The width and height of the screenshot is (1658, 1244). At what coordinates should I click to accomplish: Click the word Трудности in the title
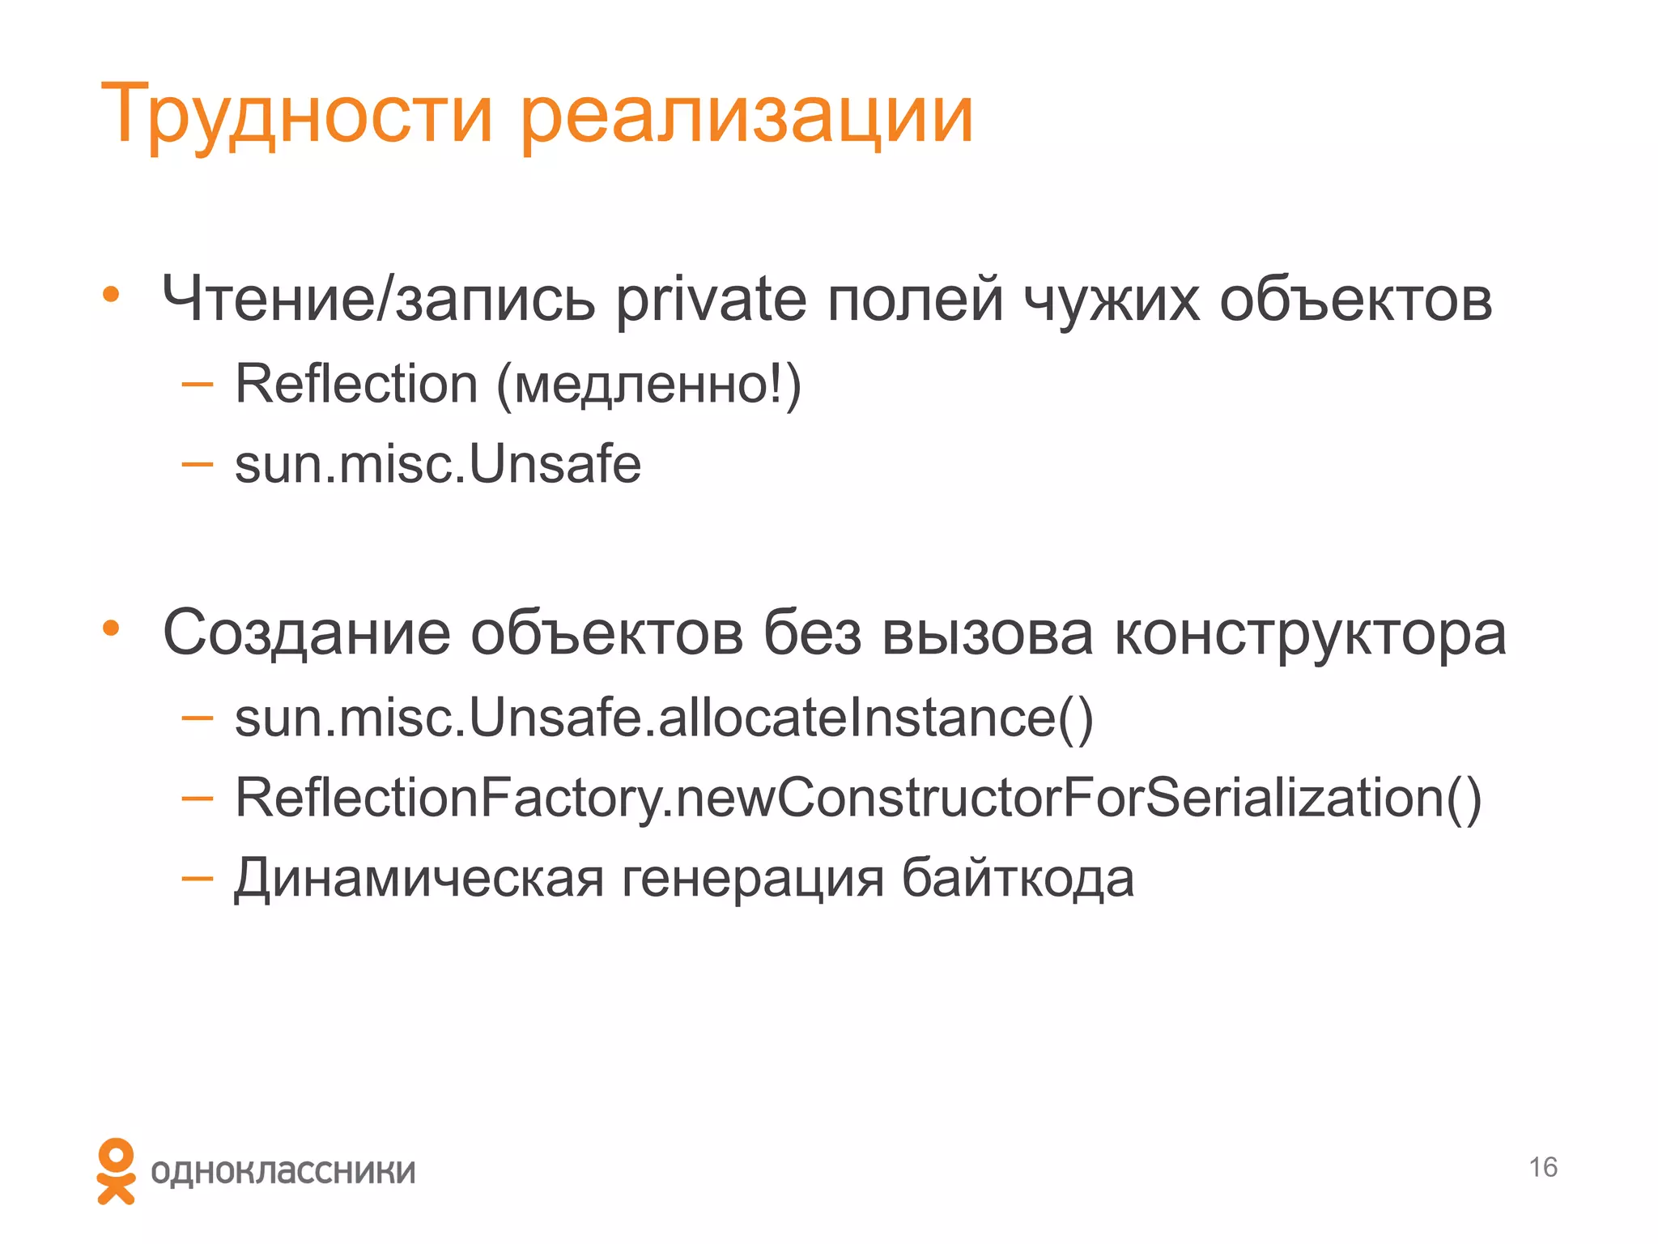coord(296,115)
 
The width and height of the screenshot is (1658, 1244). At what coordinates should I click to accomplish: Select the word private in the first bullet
coord(711,300)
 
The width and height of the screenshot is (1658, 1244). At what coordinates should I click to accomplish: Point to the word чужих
coord(1112,300)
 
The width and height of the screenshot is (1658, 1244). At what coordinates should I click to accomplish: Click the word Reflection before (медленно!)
coord(356,384)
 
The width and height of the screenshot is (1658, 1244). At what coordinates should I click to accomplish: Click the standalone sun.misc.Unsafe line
coord(438,464)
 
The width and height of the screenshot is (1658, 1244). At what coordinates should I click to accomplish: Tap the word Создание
coord(307,633)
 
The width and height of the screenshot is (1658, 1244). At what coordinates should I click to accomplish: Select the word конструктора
coord(1311,633)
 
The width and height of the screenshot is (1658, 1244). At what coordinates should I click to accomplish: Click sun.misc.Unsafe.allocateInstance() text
coord(664,718)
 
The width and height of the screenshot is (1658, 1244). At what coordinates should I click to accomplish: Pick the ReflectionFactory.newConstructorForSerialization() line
coord(858,798)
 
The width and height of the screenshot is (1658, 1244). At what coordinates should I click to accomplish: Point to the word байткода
coord(1018,879)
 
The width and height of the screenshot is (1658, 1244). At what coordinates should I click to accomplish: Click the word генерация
coord(753,879)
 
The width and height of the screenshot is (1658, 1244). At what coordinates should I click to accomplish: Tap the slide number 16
coord(1543,1167)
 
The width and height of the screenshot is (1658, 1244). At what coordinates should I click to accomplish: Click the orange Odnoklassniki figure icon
coord(116,1171)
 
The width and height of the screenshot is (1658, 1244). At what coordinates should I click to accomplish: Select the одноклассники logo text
coord(283,1172)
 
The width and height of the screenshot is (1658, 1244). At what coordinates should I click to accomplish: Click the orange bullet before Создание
coord(111,628)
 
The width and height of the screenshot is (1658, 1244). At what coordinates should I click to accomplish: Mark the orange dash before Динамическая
coord(197,877)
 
